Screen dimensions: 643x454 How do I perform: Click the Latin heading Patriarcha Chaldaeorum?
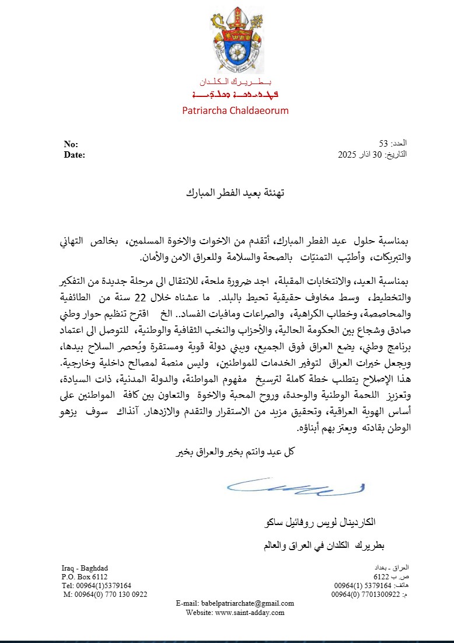[x=235, y=110]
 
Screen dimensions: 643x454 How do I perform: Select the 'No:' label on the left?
[x=71, y=145]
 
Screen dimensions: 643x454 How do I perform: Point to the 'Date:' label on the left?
[x=74, y=155]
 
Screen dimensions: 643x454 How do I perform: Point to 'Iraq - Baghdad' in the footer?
[x=85, y=568]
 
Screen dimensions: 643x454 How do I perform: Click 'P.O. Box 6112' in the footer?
[x=85, y=576]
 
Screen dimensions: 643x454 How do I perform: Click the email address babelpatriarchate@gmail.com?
[x=247, y=603]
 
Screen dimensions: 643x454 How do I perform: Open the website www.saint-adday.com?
[x=250, y=612]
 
